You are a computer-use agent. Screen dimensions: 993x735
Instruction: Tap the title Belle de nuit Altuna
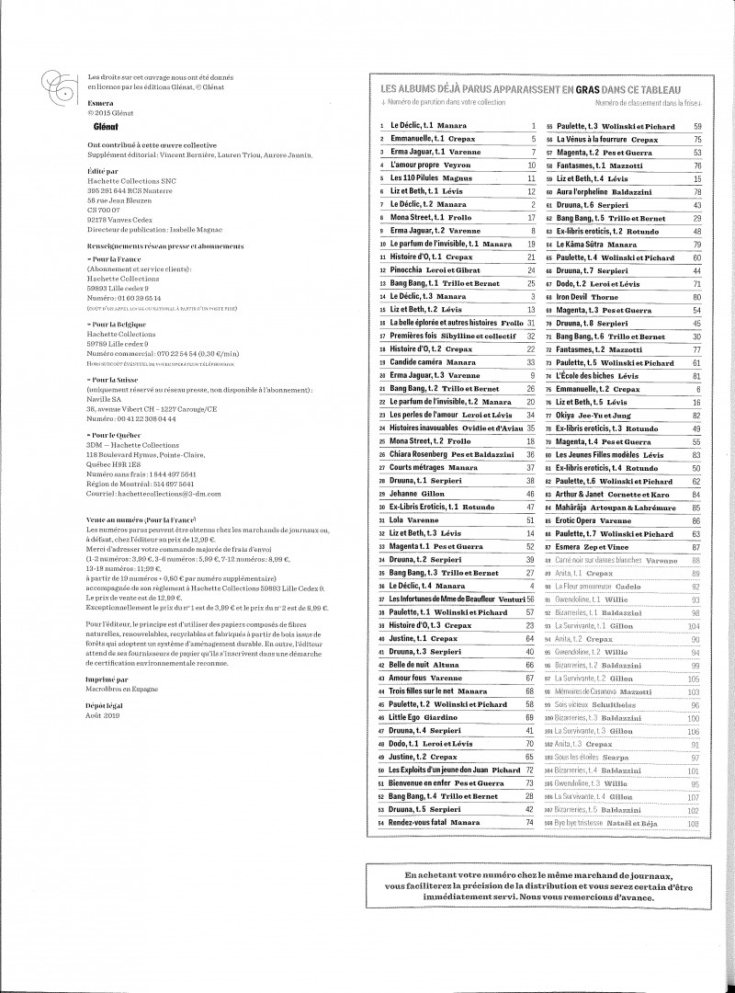pyautogui.click(x=424, y=663)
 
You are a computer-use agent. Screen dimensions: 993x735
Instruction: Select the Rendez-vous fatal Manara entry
pyautogui.click(x=435, y=822)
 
